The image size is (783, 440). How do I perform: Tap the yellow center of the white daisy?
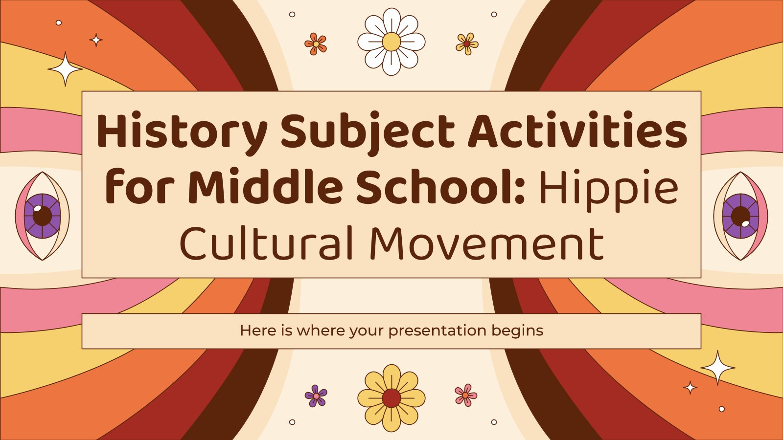[x=391, y=42]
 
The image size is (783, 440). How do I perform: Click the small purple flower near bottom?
[x=316, y=395]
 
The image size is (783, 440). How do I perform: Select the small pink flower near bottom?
[x=465, y=395]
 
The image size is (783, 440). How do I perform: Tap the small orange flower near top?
[x=316, y=44]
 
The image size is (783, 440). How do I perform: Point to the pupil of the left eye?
[x=42, y=215]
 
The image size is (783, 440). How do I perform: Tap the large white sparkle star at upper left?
[x=65, y=69]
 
